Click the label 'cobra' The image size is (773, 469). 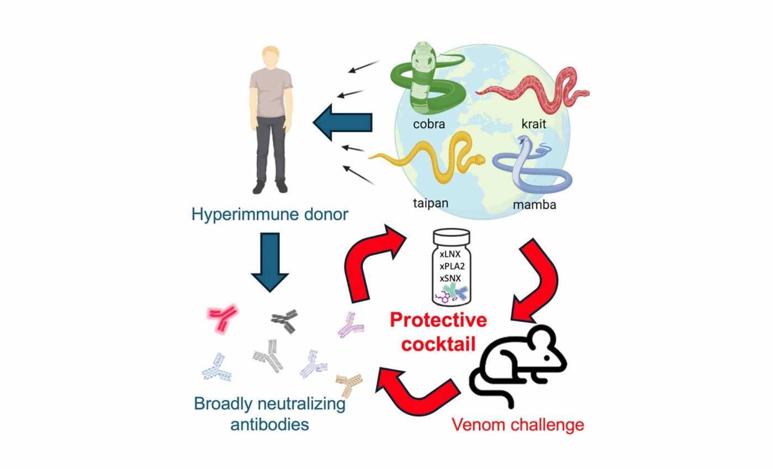pos(428,124)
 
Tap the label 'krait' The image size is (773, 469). pos(533,124)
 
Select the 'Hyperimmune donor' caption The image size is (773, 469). pos(270,214)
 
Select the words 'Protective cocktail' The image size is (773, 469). pos(438,332)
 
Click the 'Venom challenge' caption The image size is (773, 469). pos(517,425)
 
